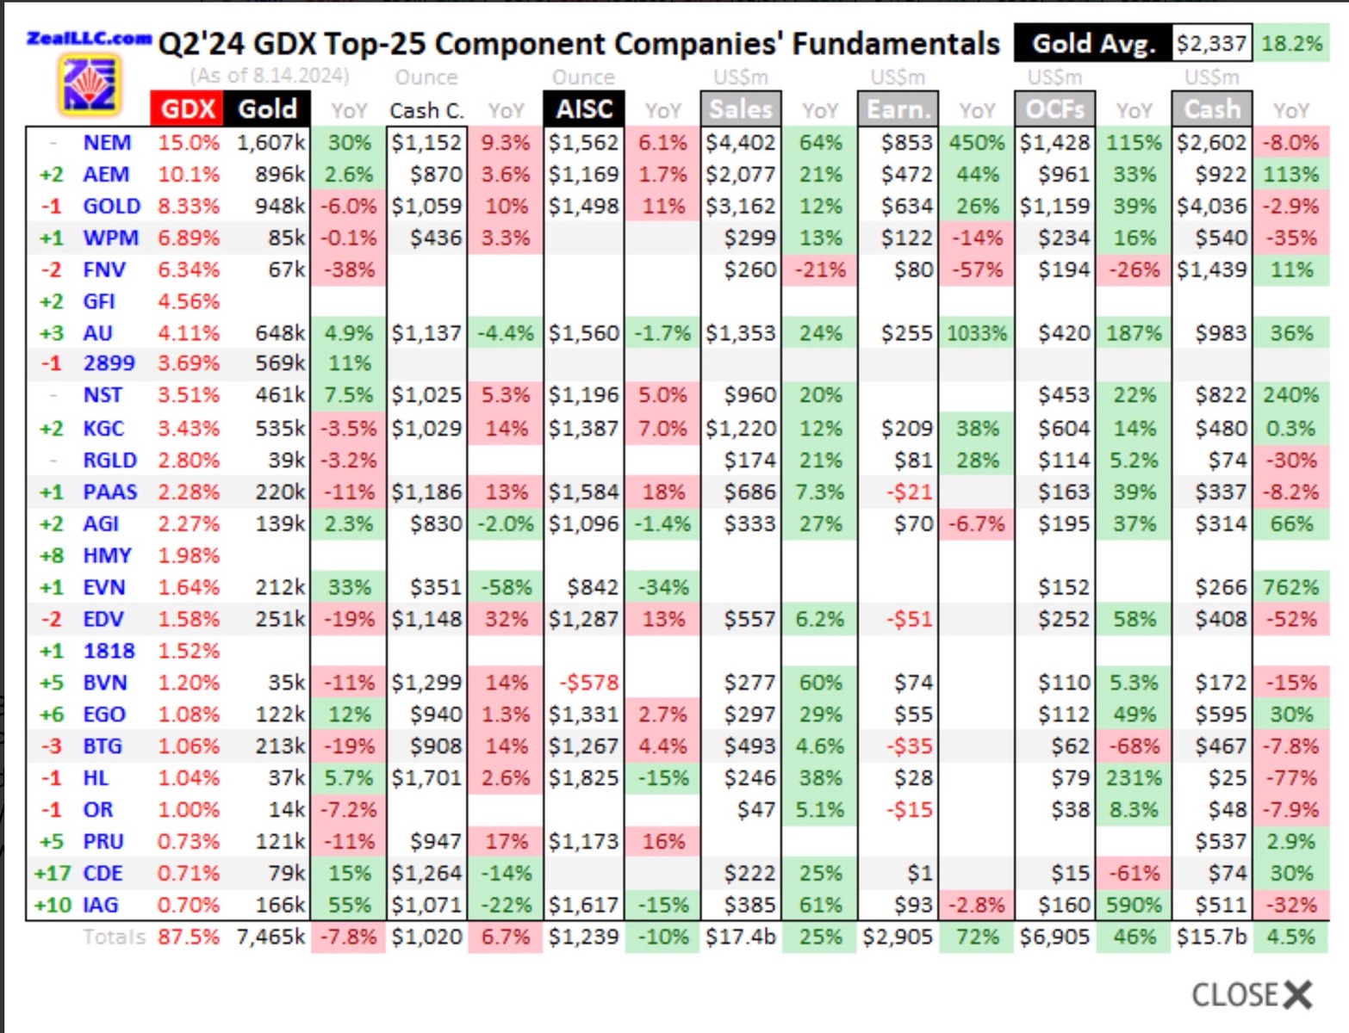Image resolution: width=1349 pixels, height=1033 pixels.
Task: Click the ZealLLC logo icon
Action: click(89, 84)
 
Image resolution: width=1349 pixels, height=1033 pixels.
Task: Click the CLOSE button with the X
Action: click(1252, 995)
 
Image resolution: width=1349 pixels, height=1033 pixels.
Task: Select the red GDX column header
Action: click(187, 109)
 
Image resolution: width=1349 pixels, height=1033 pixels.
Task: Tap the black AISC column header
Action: click(584, 109)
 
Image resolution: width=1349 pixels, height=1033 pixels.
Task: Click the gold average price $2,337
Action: click(1210, 43)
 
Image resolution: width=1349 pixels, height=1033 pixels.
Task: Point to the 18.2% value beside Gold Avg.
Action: click(1291, 43)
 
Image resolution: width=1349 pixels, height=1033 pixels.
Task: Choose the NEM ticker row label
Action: click(107, 143)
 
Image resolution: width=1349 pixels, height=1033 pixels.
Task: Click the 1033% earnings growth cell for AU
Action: click(976, 333)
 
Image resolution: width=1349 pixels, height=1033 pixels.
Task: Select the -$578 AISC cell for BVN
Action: click(590, 683)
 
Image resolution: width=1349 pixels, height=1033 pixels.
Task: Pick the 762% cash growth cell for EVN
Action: click(1290, 587)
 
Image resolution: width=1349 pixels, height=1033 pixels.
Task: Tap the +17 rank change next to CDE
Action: click(52, 873)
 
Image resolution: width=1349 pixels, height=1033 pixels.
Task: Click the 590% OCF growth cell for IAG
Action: click(1134, 905)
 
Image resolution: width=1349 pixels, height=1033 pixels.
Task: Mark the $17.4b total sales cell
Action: click(740, 937)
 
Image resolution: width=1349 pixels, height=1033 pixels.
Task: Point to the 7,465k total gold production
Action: click(270, 937)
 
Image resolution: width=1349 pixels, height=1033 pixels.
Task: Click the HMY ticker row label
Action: click(107, 555)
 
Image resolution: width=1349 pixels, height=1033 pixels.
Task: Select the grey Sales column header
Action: click(741, 109)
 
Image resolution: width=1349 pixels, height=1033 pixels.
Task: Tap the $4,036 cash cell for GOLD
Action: click(1211, 207)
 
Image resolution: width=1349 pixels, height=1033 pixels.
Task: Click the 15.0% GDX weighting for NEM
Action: click(188, 143)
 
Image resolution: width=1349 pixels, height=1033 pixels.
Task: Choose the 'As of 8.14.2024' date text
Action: click(270, 76)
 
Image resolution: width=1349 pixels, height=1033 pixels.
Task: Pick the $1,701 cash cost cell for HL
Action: click(426, 778)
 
